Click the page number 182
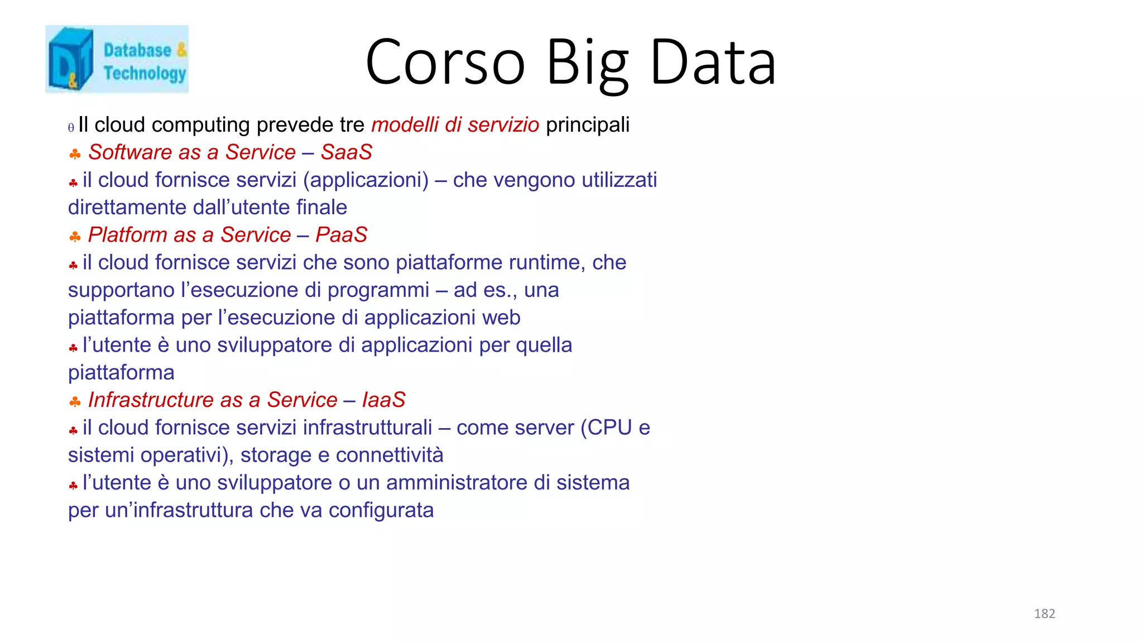[1044, 613]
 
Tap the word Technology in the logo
[145, 73]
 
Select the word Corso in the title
[445, 63]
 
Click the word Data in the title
[713, 63]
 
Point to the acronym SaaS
[346, 152]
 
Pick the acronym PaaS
[341, 235]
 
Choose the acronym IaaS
[383, 400]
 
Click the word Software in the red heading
[130, 152]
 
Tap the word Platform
[127, 235]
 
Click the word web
[501, 318]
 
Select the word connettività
[389, 455]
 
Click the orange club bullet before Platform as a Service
[75, 237]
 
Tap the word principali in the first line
[587, 125]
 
